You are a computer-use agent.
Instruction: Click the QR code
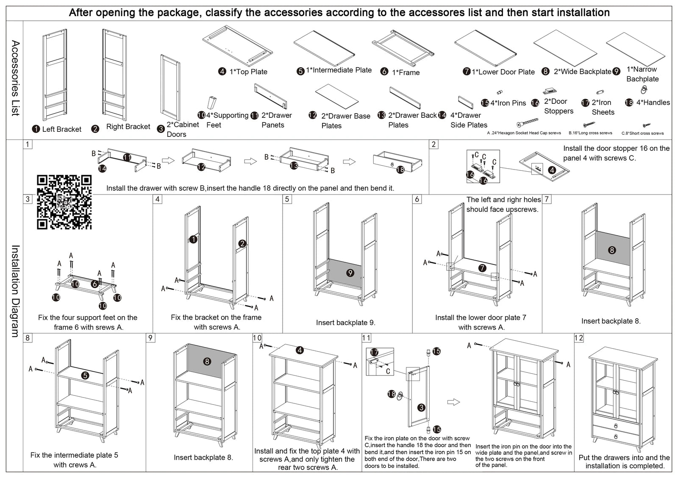tap(64, 202)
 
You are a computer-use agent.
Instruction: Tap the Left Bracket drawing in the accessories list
tap(54, 75)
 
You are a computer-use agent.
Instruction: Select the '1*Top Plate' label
tap(248, 72)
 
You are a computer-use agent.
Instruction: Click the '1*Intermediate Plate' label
tap(339, 70)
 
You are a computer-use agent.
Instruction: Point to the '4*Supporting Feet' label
tap(227, 120)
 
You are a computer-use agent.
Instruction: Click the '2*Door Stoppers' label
tap(559, 106)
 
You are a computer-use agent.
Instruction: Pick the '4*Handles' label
tap(653, 103)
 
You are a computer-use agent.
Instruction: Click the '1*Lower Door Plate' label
tap(503, 72)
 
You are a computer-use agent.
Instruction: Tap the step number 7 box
tap(547, 199)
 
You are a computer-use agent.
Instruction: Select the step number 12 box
tap(579, 338)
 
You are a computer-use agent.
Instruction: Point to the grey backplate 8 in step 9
tap(207, 361)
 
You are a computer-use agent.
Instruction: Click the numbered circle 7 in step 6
tap(482, 268)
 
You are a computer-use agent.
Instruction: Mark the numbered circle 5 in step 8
tap(86, 375)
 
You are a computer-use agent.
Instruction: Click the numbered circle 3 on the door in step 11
tap(421, 408)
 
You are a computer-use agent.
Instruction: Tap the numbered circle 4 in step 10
tap(300, 350)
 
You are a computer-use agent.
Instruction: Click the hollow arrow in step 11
tap(453, 402)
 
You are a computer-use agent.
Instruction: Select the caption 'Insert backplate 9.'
tap(345, 323)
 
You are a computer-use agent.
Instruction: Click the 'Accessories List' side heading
tap(15, 78)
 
